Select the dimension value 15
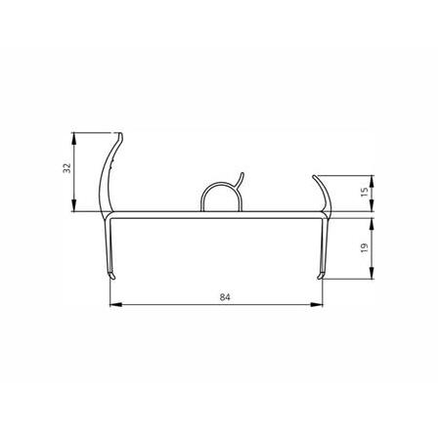coord(365,194)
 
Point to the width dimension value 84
coord(215,294)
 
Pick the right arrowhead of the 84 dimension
coord(321,304)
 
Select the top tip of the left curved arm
coord(120,132)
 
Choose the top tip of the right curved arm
coord(313,177)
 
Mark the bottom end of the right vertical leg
coord(322,278)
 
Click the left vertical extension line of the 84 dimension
coord(108,293)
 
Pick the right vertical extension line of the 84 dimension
coord(325,293)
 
